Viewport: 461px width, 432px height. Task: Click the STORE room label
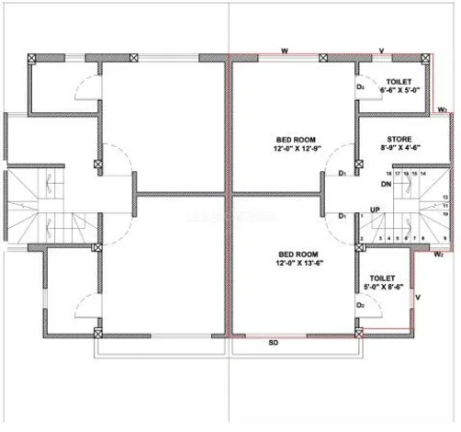tap(399, 141)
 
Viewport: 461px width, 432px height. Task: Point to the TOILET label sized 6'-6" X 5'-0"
tap(399, 82)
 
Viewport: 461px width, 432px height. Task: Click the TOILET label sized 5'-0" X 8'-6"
tap(382, 277)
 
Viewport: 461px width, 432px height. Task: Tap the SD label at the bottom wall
tap(273, 343)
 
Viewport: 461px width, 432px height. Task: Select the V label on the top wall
tap(381, 49)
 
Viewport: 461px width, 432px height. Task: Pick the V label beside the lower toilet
tap(419, 297)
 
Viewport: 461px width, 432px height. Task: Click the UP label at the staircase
tap(374, 210)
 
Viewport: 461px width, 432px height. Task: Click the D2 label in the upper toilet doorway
tap(361, 88)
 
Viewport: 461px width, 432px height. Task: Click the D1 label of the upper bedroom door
tap(342, 172)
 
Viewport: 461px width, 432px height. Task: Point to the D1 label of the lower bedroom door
tap(342, 216)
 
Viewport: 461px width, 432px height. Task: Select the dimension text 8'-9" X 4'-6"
tap(399, 152)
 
